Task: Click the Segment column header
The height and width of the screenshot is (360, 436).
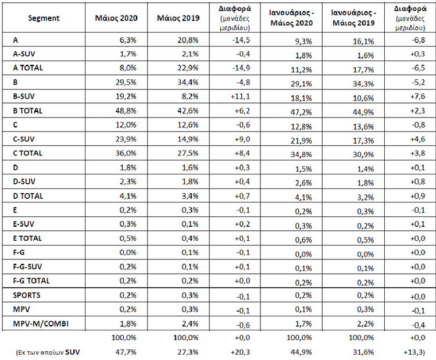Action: (44, 19)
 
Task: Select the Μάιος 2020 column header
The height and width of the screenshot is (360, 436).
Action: (116, 18)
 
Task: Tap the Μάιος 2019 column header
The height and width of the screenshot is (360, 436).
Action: (178, 18)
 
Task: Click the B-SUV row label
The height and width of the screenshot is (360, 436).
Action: (24, 97)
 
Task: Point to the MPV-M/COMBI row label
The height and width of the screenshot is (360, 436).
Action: (41, 324)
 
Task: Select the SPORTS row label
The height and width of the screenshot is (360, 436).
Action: (26, 295)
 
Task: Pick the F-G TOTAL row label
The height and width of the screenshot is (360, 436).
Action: (31, 281)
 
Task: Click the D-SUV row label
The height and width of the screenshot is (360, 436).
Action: (24, 181)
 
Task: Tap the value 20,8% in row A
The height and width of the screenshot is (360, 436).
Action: (188, 40)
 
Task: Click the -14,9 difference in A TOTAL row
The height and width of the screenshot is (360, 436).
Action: (241, 68)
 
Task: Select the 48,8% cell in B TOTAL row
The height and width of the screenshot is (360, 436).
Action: (126, 111)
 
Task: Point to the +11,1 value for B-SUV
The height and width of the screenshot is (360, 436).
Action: (241, 97)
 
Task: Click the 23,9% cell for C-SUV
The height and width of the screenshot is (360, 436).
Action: (126, 139)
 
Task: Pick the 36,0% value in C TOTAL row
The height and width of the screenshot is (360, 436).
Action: (126, 154)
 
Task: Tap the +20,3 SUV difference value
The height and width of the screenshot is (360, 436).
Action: (240, 352)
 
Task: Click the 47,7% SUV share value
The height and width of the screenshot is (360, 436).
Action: (126, 352)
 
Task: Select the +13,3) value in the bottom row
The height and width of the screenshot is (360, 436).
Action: (414, 352)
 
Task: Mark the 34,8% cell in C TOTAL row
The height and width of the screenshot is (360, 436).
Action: (301, 154)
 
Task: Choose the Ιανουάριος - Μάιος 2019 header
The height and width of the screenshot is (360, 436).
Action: (353, 18)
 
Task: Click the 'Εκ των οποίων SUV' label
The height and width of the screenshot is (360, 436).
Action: (48, 352)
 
